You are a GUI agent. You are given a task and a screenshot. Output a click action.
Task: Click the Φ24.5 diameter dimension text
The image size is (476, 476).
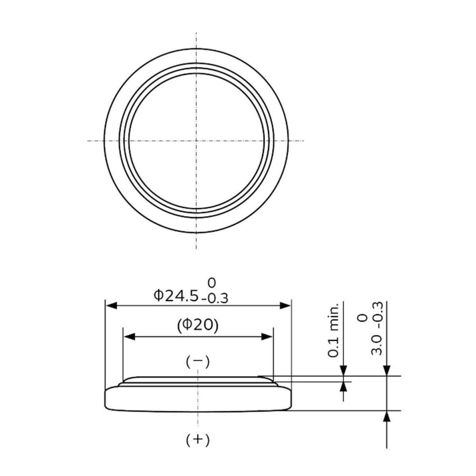point(176,296)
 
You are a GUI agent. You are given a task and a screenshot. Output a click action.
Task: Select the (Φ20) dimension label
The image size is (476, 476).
point(198,325)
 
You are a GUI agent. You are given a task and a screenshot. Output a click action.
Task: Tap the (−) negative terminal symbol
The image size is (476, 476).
point(198,361)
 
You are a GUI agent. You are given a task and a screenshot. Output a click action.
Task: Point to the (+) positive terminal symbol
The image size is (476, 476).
point(198,440)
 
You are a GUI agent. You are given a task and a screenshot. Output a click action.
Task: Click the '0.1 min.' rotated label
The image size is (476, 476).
point(333,330)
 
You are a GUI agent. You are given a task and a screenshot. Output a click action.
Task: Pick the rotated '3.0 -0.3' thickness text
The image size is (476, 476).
point(377,328)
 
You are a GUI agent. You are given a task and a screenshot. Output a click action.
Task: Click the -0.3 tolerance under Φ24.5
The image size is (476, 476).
point(215,298)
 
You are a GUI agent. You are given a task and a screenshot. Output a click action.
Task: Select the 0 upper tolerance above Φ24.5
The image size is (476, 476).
point(212,283)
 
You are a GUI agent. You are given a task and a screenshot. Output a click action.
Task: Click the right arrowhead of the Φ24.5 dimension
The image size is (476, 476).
point(286,306)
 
